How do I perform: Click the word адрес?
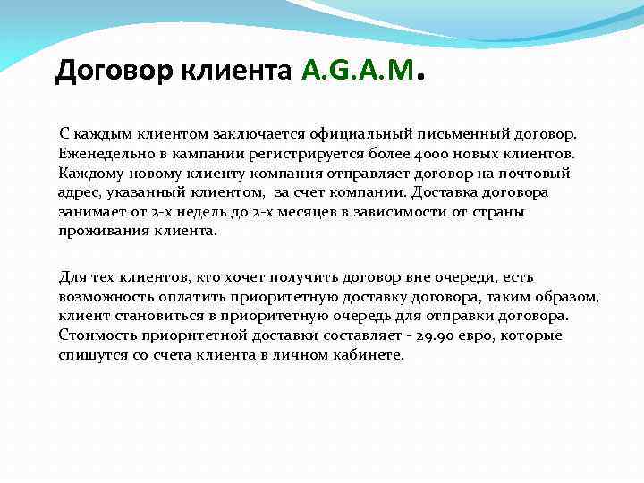point(78,192)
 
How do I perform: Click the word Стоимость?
point(94,335)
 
